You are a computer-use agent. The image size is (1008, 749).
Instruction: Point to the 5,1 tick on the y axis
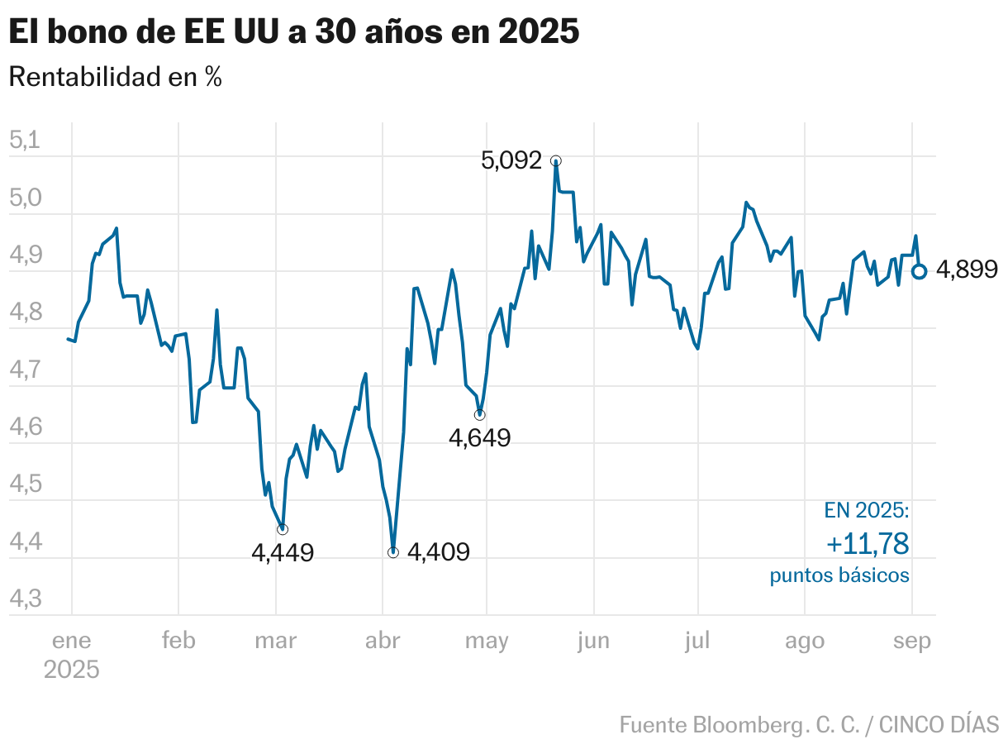point(25,140)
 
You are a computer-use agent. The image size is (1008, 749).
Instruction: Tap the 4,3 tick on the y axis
point(25,599)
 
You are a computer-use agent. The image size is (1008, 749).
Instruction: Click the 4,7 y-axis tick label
point(25,370)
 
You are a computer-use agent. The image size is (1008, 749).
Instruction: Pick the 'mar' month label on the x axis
point(276,642)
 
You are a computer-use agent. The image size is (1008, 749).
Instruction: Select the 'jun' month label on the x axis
point(593,642)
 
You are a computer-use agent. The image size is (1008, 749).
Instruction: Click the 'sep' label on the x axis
point(911,642)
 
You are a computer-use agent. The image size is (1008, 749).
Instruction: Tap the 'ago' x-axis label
point(804,642)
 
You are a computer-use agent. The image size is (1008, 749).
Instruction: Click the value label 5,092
point(511,160)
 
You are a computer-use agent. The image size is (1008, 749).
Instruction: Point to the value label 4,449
point(283,552)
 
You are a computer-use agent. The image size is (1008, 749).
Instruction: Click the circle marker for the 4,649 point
point(480,414)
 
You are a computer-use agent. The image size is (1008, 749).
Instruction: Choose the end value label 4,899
point(968,270)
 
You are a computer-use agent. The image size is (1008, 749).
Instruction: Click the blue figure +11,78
point(868,544)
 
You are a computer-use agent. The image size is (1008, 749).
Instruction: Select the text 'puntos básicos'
point(839,575)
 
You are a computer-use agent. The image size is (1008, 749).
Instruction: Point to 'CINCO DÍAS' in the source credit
point(939,725)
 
